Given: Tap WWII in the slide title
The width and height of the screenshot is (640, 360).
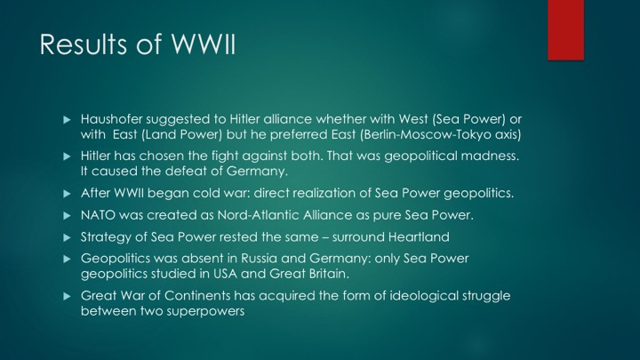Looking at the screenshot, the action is [x=204, y=44].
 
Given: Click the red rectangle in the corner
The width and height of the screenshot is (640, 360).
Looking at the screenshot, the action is [x=565, y=30].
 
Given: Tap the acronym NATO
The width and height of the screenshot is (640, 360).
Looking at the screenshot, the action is [x=99, y=215].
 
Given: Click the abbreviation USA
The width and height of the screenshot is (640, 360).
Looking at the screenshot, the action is [x=225, y=274].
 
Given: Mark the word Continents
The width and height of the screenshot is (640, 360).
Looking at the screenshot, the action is [x=197, y=296].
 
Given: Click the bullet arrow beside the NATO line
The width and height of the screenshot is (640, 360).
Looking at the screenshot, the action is [x=67, y=215].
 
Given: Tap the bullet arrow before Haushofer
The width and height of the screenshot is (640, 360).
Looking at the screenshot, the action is [x=67, y=120].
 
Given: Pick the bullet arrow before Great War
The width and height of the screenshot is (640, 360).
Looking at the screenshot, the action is [x=67, y=296].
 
